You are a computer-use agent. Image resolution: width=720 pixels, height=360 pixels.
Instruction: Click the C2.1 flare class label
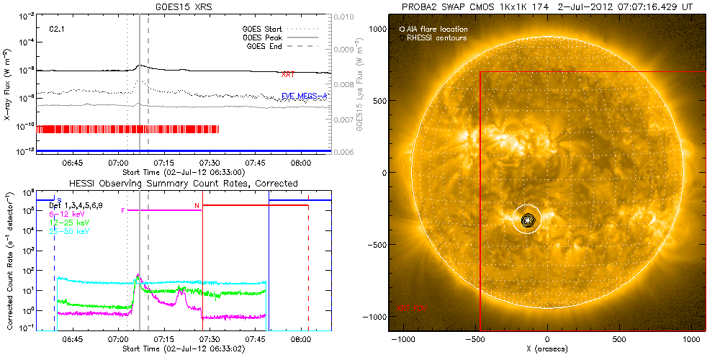pyautogui.click(x=58, y=29)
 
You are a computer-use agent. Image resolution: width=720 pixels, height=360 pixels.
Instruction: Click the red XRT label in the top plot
pyautogui.click(x=288, y=74)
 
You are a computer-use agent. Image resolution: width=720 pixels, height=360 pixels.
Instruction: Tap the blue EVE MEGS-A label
pyautogui.click(x=304, y=96)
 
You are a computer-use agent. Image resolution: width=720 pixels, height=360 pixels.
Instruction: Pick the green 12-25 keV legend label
pyautogui.click(x=71, y=222)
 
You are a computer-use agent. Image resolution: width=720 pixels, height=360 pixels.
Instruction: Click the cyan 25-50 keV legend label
pyautogui.click(x=71, y=231)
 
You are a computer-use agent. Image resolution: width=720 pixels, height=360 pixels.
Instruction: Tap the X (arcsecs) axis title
pyautogui.click(x=548, y=348)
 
